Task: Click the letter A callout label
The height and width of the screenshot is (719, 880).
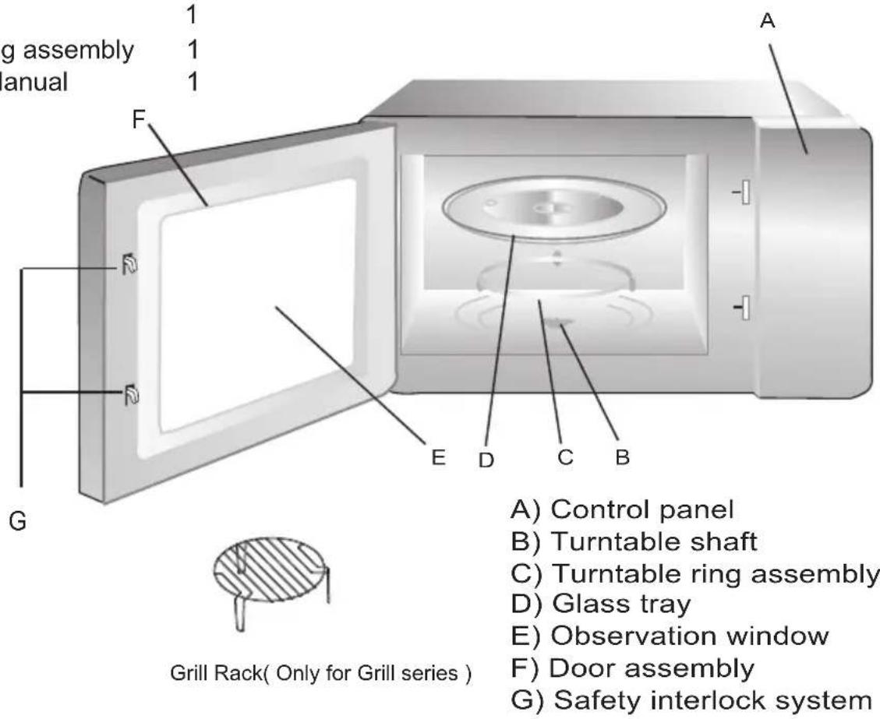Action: [x=767, y=22]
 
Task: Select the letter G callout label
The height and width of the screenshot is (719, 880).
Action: [x=20, y=521]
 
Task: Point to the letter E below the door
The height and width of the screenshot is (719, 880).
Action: [x=439, y=457]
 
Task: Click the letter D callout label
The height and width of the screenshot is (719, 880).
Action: [x=486, y=460]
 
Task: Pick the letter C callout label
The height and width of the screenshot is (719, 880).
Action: [x=565, y=458]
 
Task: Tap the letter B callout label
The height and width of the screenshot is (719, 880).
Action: [x=621, y=458]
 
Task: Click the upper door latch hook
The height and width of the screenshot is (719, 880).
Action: [x=129, y=266]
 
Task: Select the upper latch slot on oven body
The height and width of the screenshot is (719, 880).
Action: [x=744, y=192]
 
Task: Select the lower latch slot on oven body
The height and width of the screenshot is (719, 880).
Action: [x=744, y=308]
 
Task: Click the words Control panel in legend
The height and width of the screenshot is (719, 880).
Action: [x=642, y=509]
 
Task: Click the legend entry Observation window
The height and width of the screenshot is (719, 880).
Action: [x=690, y=636]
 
